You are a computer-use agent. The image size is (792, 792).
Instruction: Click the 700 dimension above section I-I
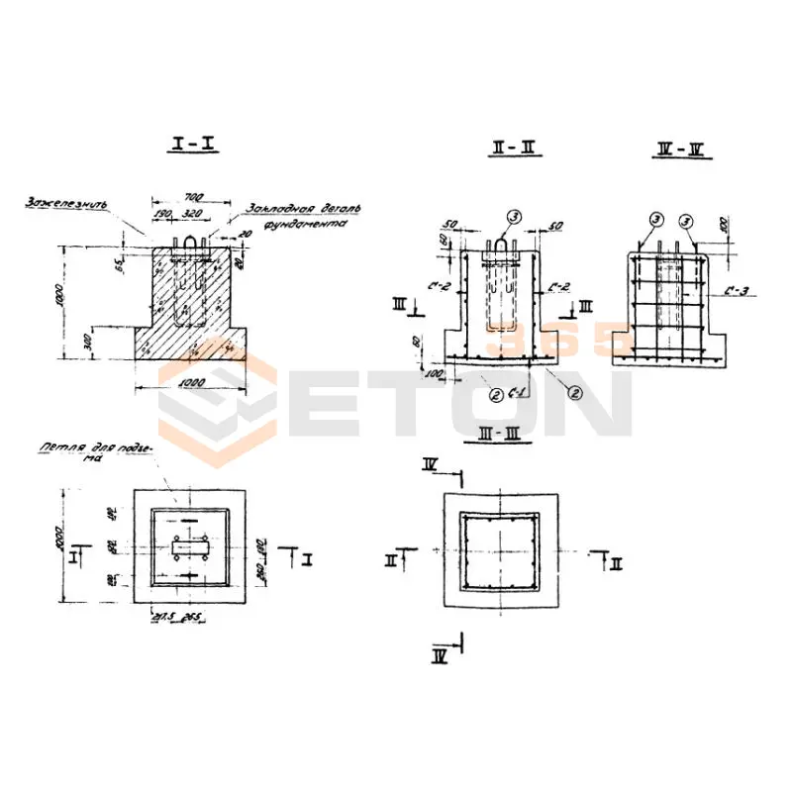pos(194,199)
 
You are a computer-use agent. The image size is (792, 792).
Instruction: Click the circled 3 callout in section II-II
pos(512,216)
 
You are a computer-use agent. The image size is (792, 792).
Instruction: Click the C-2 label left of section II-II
pos(444,287)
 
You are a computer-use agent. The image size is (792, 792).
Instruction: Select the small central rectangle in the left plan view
pos(189,547)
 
